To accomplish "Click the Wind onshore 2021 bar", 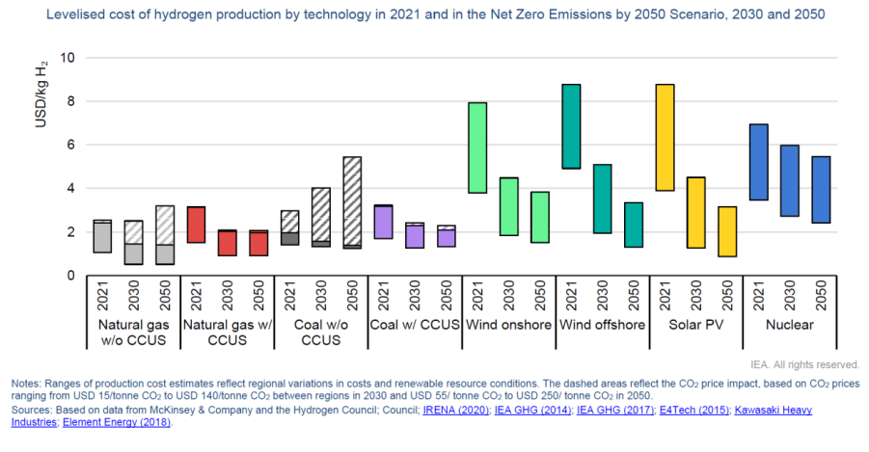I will [477, 147].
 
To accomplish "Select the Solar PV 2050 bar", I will [727, 231].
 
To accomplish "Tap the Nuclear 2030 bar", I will [790, 180].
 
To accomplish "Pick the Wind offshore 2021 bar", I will [571, 126].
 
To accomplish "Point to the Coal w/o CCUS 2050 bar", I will [352, 202].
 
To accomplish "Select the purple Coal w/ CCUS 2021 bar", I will [383, 222].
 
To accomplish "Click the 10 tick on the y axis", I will [67, 58].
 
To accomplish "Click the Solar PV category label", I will [695, 325].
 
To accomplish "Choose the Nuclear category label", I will [789, 325].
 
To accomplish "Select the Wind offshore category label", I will [602, 325].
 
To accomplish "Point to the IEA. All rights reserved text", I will [804, 364].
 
